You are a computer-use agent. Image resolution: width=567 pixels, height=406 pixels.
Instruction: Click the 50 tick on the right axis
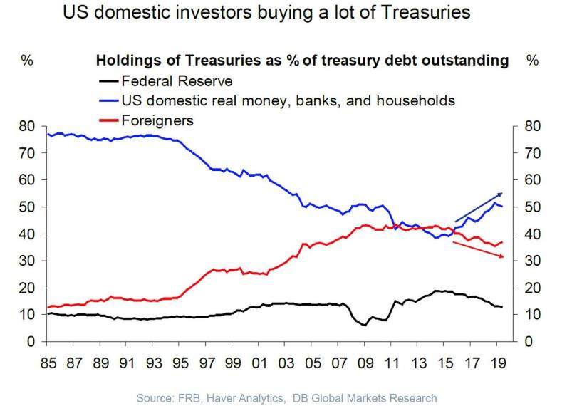tap(533, 207)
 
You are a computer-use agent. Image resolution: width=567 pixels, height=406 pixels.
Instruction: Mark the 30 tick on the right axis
tap(533, 261)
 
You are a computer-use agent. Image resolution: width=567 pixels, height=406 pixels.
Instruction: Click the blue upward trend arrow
tap(479, 207)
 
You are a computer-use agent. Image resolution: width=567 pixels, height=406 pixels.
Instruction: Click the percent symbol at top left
tap(26, 61)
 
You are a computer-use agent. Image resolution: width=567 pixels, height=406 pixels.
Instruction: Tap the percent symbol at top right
tap(532, 61)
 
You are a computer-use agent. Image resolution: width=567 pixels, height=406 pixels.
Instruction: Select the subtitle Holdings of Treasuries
tap(302, 61)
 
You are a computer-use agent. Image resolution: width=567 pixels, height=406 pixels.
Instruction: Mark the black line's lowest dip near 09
tap(365, 325)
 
